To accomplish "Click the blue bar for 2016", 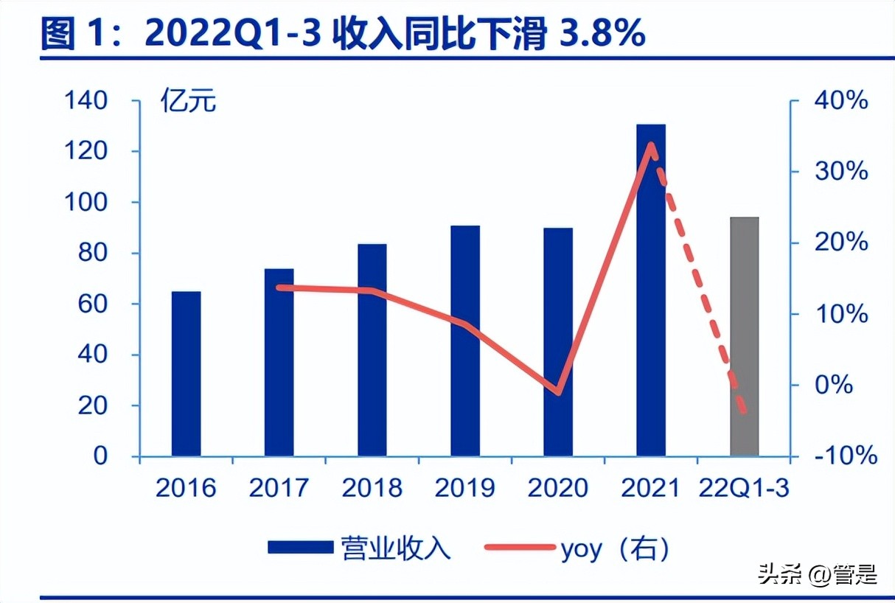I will [x=186, y=374].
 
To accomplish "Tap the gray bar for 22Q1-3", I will [x=745, y=336].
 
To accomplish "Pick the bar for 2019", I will [x=465, y=341].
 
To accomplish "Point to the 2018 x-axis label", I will [x=372, y=488].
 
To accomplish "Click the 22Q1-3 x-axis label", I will [x=743, y=488].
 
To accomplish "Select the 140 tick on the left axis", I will [x=86, y=101].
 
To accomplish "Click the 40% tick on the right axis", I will [x=841, y=101].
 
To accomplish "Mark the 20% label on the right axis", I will [x=841, y=243].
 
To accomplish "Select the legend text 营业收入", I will [x=394, y=548].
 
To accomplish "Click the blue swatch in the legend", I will [x=300, y=548].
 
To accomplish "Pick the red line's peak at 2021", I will [x=651, y=144].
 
